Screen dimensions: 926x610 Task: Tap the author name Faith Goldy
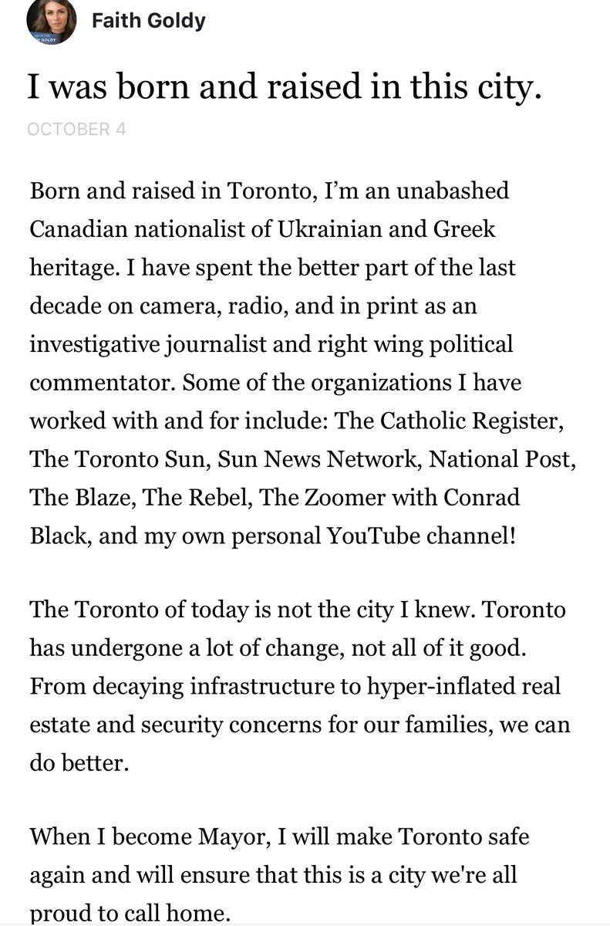coord(148,21)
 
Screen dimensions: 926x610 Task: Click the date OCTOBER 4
coord(76,129)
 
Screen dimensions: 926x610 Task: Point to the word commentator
coord(92,382)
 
